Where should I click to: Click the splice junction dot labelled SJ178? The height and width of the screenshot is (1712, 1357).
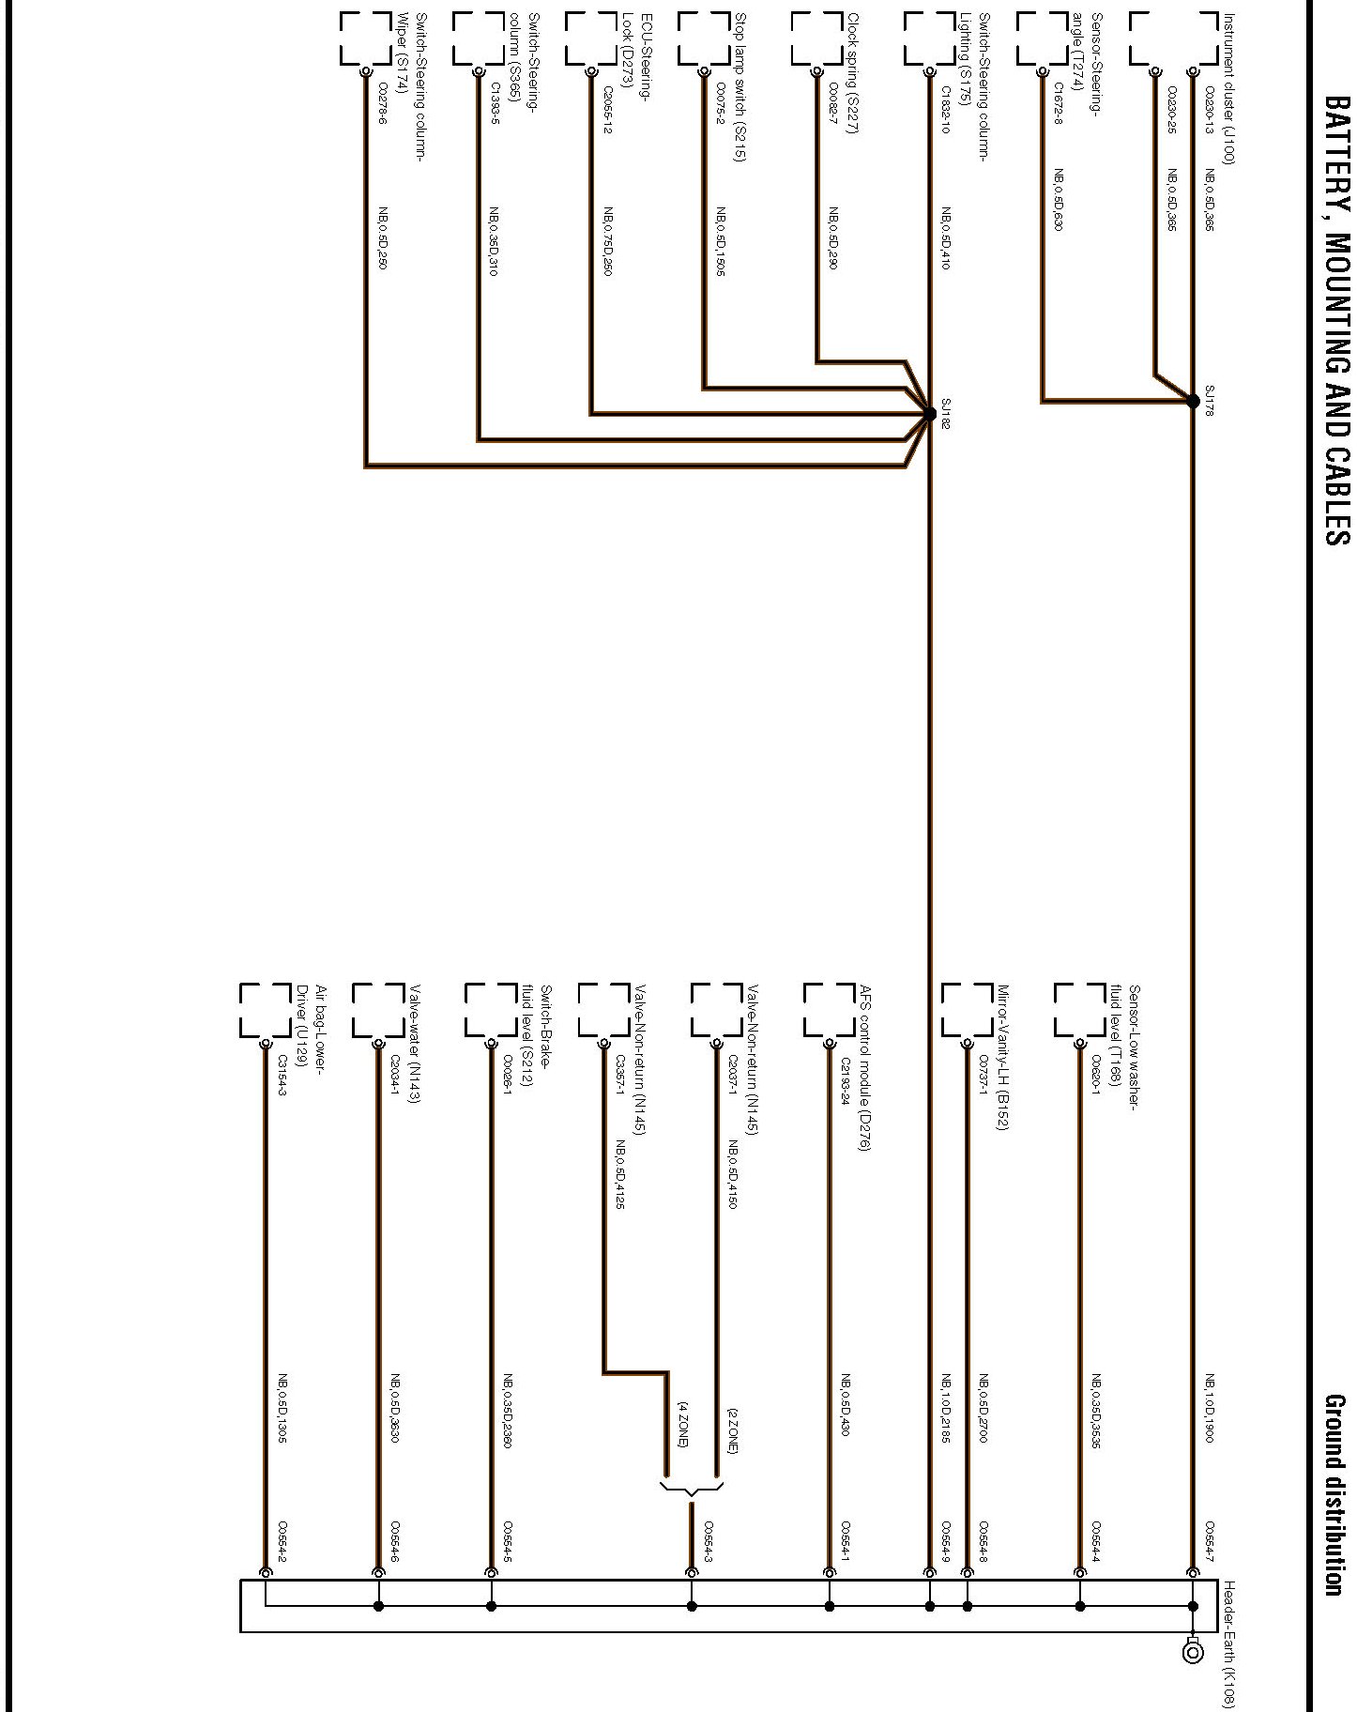point(1193,402)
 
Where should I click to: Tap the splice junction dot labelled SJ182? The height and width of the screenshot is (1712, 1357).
point(929,413)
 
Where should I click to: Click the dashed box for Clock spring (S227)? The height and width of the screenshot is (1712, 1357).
point(816,38)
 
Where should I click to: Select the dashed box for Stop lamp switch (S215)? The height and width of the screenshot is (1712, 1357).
point(703,38)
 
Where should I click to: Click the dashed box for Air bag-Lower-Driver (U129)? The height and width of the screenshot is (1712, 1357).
point(265,1010)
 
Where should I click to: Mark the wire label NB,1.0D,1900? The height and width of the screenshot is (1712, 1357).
point(1210,1409)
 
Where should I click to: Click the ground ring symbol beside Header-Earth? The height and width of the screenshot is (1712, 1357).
point(1193,1649)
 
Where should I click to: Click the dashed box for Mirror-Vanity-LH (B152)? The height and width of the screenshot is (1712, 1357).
point(967,1010)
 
